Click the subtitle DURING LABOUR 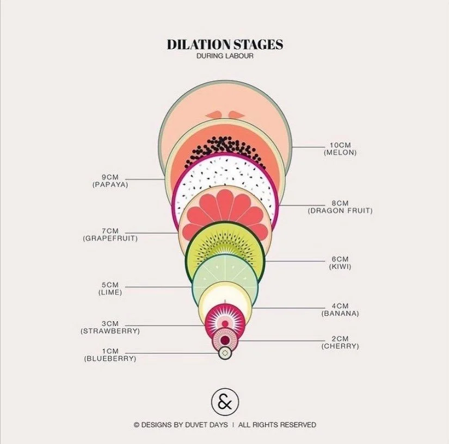pyautogui.click(x=225, y=56)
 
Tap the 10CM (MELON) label pyautogui.click(x=340, y=149)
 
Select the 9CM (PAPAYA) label pyautogui.click(x=110, y=181)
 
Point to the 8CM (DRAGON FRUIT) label pyautogui.click(x=340, y=207)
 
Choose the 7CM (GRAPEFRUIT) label pyautogui.click(x=110, y=235)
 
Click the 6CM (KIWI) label pyautogui.click(x=340, y=263)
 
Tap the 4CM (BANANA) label pyautogui.click(x=340, y=310)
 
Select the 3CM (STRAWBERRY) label pyautogui.click(x=110, y=327)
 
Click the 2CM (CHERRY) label pyautogui.click(x=340, y=342)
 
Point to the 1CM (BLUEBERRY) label pyautogui.click(x=110, y=355)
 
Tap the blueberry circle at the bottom pyautogui.click(x=225, y=353)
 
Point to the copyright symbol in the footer pyautogui.click(x=137, y=425)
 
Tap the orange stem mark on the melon pyautogui.click(x=224, y=114)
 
